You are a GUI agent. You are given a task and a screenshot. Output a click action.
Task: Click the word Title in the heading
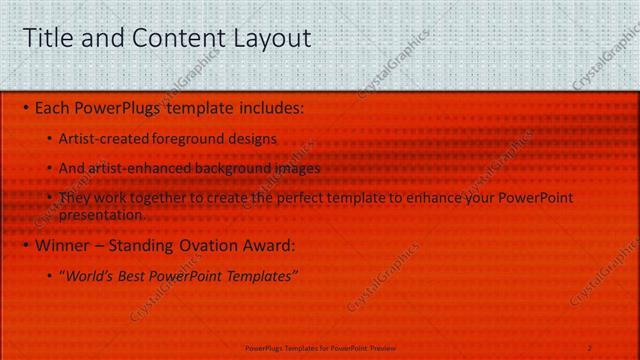click(x=47, y=39)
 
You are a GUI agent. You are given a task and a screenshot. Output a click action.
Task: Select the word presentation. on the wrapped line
click(x=102, y=214)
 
